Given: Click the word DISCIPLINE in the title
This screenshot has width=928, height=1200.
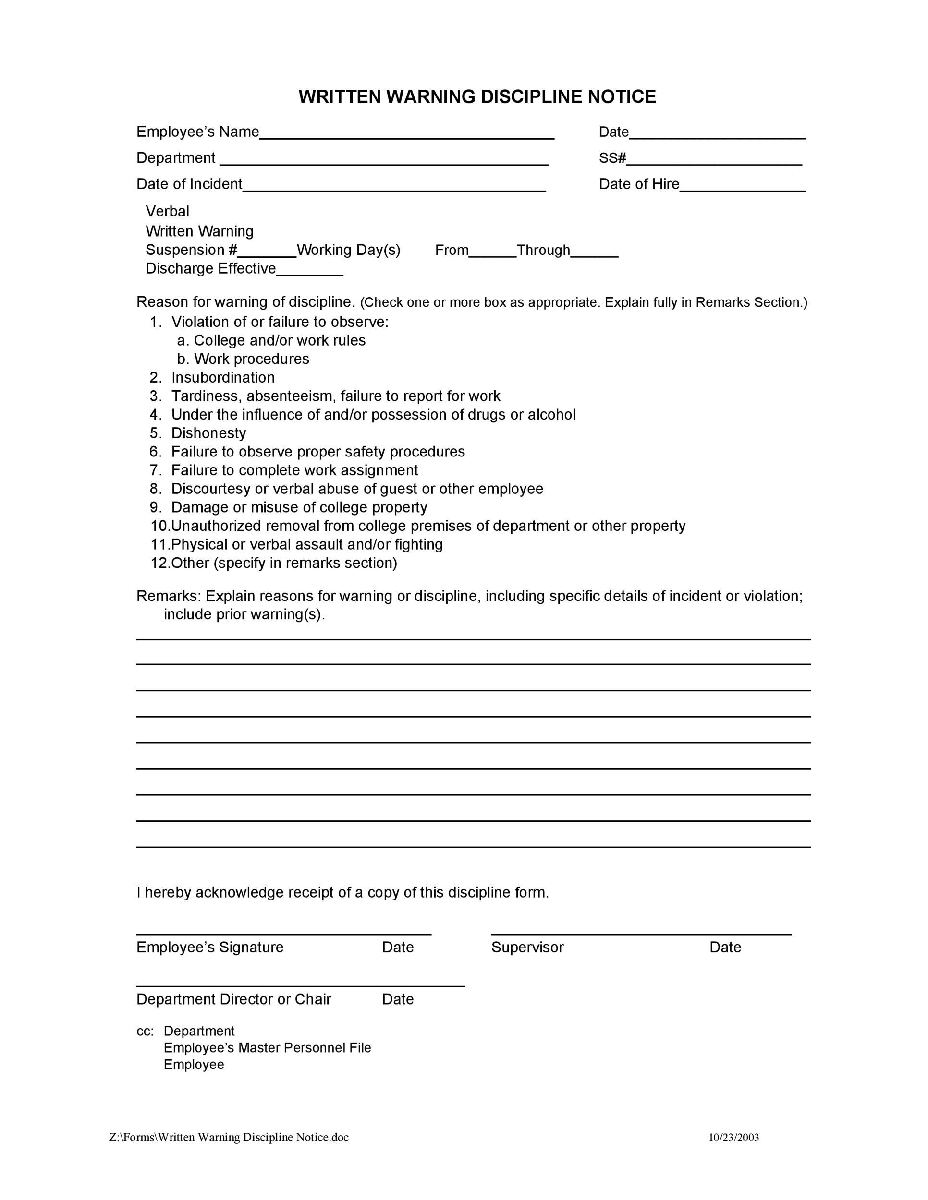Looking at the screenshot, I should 531,96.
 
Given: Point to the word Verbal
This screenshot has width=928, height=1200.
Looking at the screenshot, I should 167,212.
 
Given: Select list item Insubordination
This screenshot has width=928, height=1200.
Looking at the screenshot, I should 223,377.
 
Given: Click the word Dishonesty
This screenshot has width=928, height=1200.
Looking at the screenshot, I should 208,433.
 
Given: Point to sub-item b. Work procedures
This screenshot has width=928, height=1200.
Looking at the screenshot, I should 243,359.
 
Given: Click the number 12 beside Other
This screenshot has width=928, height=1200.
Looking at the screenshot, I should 159,563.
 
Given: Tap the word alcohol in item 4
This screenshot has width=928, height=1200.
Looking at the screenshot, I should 551,414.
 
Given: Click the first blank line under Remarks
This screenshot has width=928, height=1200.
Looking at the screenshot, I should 473,639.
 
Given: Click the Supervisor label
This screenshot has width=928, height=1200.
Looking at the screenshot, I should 527,947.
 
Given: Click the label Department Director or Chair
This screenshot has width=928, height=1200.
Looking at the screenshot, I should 233,999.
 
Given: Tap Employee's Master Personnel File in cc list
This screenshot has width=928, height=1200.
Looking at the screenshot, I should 267,1048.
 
